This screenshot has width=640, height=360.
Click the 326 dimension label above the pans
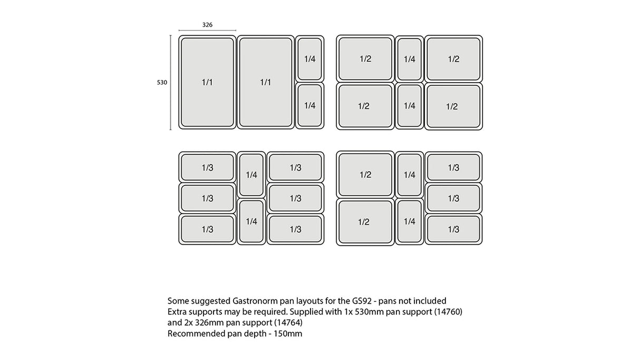208,25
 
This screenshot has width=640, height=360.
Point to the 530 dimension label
162,82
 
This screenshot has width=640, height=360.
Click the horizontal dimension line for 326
207,31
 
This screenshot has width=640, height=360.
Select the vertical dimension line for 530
171,82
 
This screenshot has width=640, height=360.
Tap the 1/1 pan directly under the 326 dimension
207,82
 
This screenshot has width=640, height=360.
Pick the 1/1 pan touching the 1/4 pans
266,82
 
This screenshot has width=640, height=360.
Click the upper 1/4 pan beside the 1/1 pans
309,59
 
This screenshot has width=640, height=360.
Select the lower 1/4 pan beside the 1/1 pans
309,105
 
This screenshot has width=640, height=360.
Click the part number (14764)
288,323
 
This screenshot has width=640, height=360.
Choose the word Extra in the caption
177,312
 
